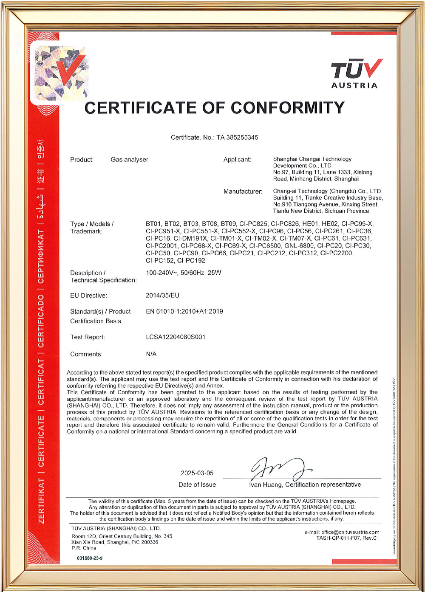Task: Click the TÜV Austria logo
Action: click(356, 73)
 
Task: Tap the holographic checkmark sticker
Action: click(61, 73)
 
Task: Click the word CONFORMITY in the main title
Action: click(287, 108)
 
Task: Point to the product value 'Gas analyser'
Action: click(129, 160)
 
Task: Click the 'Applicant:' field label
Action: click(237, 160)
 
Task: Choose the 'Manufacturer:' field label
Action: click(243, 192)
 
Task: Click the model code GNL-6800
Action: click(299, 246)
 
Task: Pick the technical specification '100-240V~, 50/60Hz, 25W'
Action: click(184, 273)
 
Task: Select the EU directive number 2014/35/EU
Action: click(162, 296)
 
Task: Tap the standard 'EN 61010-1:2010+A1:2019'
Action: click(184, 311)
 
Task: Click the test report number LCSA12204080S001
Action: click(176, 337)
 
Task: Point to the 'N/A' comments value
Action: click(151, 354)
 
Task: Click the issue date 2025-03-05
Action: click(197, 473)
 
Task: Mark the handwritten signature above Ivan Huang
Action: click(280, 469)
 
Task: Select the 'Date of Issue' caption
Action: click(197, 485)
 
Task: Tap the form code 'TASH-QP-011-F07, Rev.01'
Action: click(347, 538)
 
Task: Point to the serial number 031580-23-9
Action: click(90, 558)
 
